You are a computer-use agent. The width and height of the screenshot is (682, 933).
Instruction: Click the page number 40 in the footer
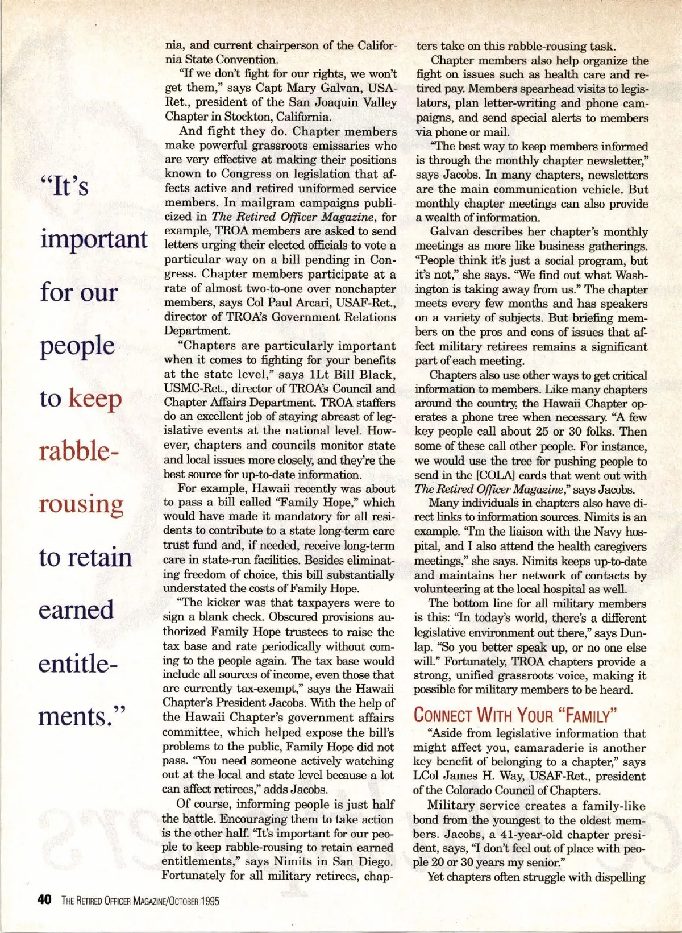point(44,899)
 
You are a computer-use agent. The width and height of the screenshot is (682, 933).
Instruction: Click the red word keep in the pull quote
point(95,399)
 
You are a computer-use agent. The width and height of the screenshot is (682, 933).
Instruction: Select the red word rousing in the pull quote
point(81,504)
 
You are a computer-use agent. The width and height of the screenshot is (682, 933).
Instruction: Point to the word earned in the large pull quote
point(76,609)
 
